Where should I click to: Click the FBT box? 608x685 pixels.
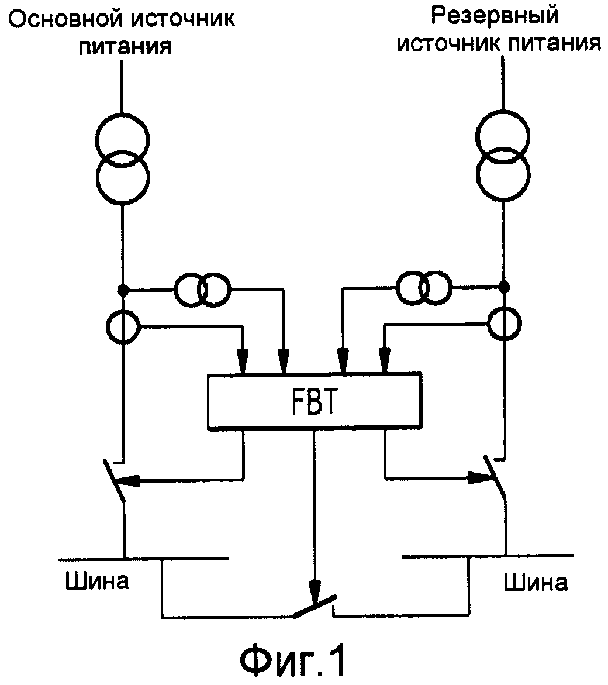click(314, 400)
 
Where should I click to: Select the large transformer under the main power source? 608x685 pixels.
click(122, 159)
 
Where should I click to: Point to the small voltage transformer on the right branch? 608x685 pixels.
click(423, 287)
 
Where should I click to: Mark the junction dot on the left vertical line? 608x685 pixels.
click(122, 289)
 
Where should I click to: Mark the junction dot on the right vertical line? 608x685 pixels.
click(503, 287)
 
